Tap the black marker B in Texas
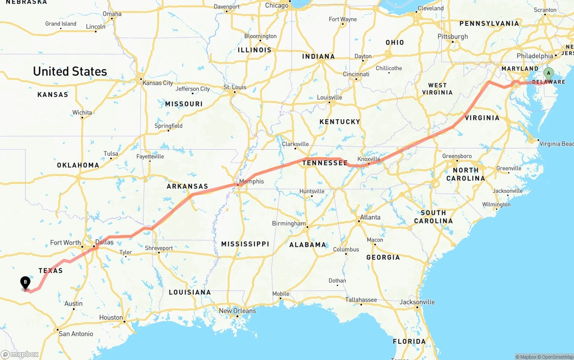coord(26,283)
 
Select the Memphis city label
coord(252,182)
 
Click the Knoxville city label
coord(369,159)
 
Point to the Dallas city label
coord(104,242)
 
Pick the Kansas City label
coord(157,83)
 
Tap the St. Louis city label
coord(235,87)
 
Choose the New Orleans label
coord(237,311)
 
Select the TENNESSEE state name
coord(325,163)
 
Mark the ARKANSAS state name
coord(187,187)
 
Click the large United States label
coord(70,71)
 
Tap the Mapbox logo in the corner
coord(20,355)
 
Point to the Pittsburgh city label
coord(453,36)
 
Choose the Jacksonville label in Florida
coord(417,302)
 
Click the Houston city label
coord(111,317)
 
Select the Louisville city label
coord(330,97)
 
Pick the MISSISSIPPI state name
coord(245,244)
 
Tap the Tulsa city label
coord(111,153)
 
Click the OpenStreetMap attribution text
coord(556,357)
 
